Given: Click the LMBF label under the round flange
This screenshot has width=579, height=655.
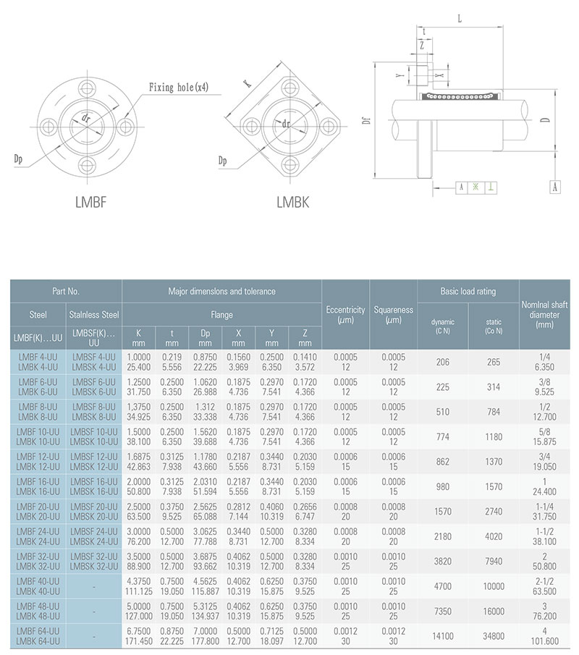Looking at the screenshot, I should click(91, 202).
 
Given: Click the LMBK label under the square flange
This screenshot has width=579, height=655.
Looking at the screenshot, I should click(292, 203).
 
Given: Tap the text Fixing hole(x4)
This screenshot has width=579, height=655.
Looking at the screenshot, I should click(179, 88).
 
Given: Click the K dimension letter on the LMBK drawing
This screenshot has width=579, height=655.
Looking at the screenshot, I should click(245, 83).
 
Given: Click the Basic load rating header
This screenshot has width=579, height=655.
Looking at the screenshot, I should click(468, 292).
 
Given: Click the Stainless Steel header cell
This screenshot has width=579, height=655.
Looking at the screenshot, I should click(94, 315).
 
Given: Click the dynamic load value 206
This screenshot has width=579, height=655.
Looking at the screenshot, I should click(442, 362).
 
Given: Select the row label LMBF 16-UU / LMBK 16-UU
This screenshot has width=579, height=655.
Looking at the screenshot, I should click(38, 486).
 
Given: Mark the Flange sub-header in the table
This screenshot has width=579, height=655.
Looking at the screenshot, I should click(221, 315).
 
